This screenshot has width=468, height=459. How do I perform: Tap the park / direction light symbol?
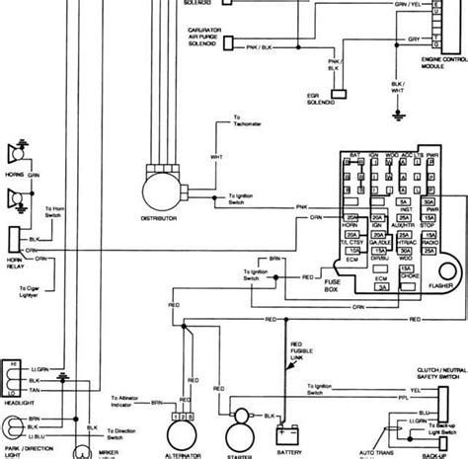[13, 438]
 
